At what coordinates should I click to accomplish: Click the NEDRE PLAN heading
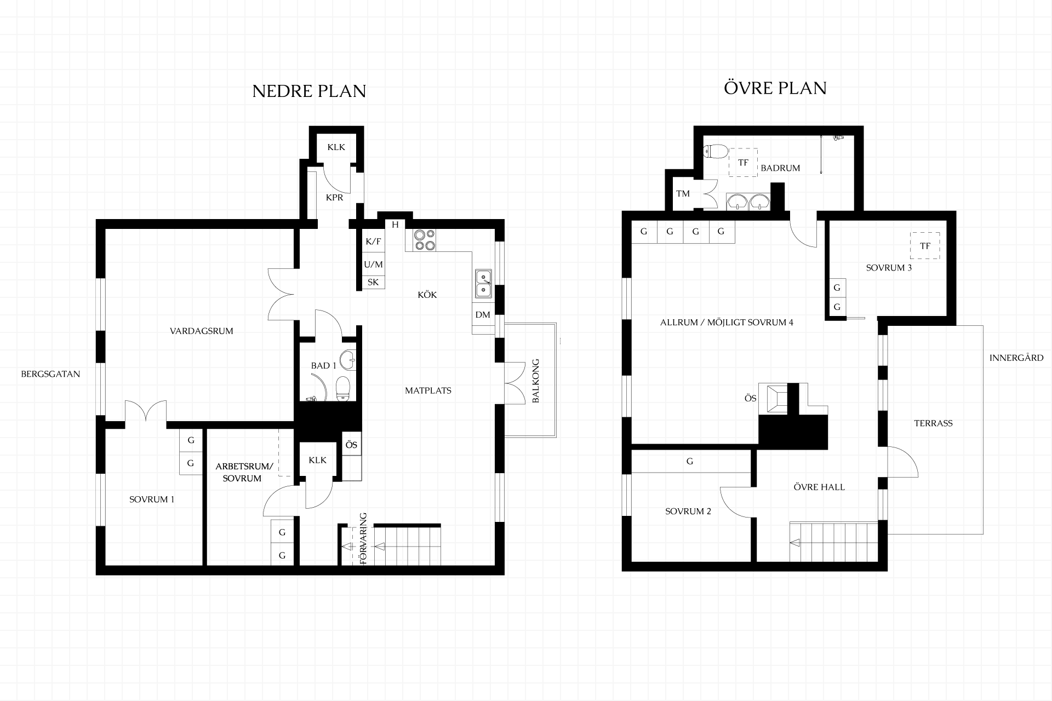tap(309, 91)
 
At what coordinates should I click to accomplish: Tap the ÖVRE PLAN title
tap(775, 88)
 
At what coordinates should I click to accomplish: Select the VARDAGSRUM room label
tap(202, 331)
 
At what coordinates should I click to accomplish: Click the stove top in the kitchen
tap(425, 240)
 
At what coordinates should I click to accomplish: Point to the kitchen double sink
tap(483, 284)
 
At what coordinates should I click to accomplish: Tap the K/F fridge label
tap(373, 242)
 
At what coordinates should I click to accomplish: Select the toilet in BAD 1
tap(343, 388)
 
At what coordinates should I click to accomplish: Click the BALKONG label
tap(536, 381)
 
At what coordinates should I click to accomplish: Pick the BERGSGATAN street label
tap(50, 374)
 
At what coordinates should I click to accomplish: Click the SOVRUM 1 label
tap(152, 499)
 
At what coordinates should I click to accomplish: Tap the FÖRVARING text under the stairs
tap(363, 539)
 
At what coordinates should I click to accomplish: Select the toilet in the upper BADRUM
tap(716, 151)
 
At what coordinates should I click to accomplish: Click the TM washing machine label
tap(683, 193)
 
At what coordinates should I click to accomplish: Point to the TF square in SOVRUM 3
tap(925, 246)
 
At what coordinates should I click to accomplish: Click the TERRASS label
tap(933, 423)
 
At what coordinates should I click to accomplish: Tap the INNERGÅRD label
tap(1016, 358)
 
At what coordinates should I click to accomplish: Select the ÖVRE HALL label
tap(819, 487)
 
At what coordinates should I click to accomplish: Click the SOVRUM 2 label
tap(688, 512)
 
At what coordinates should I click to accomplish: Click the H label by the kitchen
tap(395, 225)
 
